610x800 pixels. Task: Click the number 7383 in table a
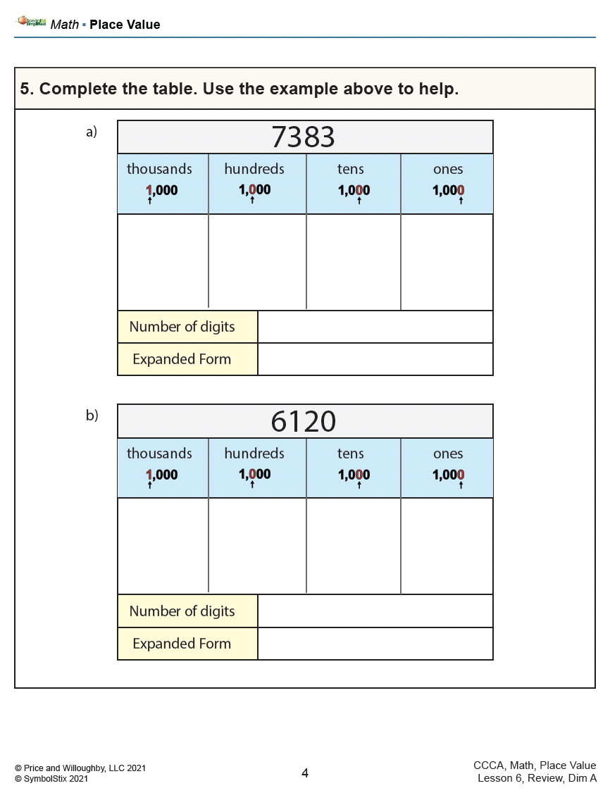[304, 137]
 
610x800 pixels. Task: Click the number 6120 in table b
[304, 422]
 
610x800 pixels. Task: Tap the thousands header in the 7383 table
[159, 169]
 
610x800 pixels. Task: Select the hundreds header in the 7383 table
[254, 169]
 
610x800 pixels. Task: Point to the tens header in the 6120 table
[351, 454]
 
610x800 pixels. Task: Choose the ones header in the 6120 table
[448, 454]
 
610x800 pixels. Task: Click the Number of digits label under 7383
[182, 327]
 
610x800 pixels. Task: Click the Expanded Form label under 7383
[182, 359]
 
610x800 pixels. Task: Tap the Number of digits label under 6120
[182, 611]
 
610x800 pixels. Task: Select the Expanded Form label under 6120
[182, 644]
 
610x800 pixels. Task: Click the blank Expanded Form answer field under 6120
[375, 644]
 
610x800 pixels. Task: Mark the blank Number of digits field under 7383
[375, 327]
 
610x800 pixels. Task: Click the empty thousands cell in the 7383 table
[163, 261]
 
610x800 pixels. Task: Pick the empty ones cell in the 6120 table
[447, 546]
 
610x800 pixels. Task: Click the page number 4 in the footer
[305, 773]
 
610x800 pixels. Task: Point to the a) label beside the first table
[92, 132]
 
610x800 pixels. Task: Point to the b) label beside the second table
[92, 415]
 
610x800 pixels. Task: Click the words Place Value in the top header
[125, 25]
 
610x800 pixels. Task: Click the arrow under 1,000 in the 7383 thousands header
[149, 201]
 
